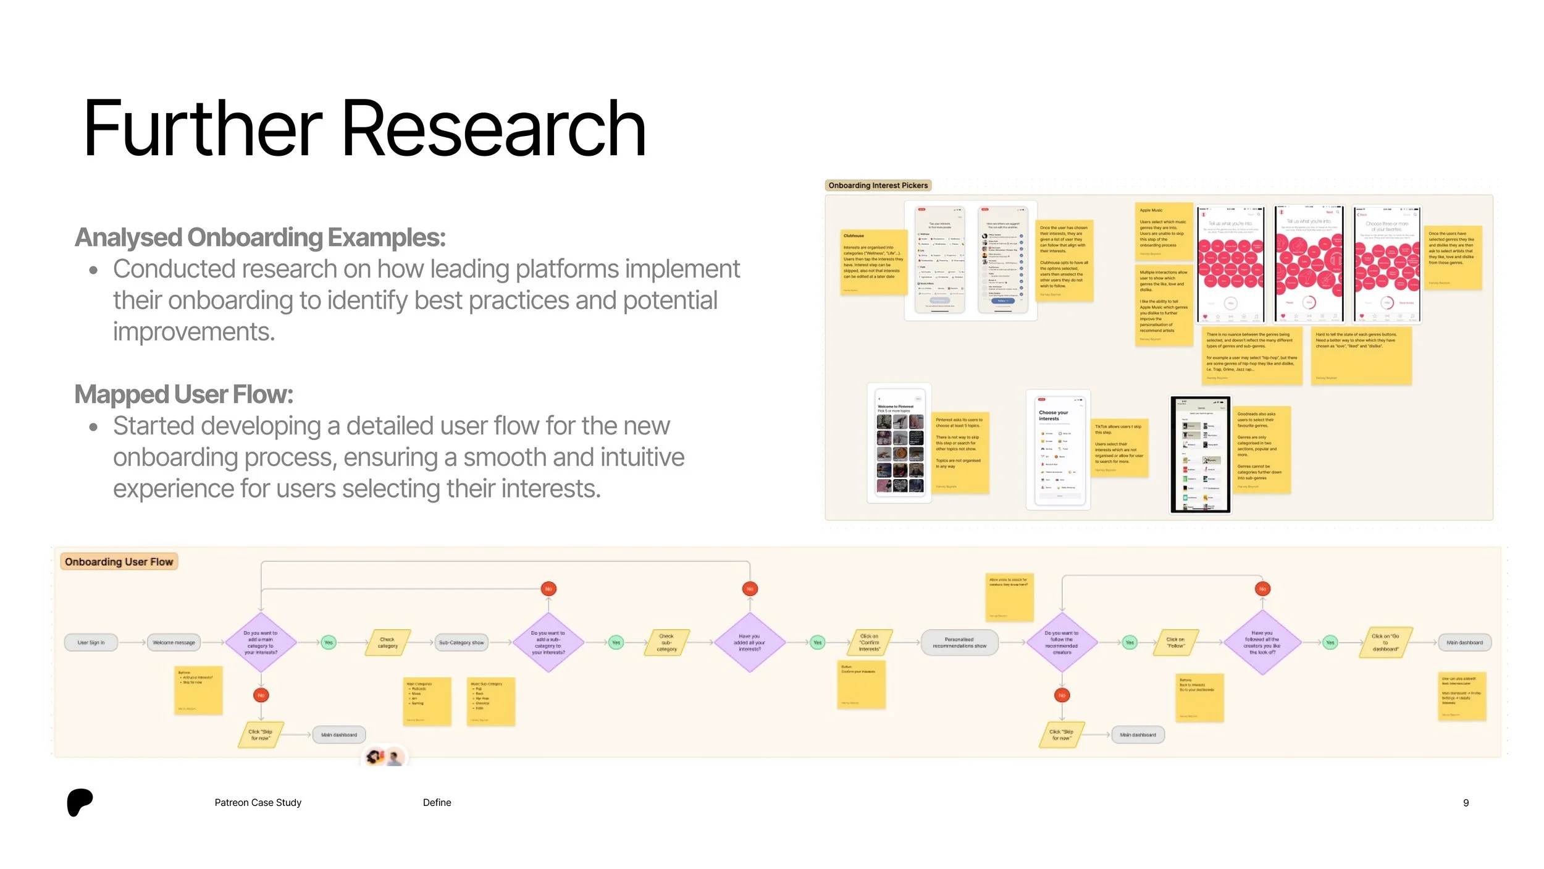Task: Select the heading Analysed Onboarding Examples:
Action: pyautogui.click(x=260, y=237)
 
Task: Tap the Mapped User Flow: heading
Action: pyautogui.click(x=183, y=394)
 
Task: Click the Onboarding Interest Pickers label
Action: pyautogui.click(x=878, y=185)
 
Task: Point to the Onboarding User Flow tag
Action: pyautogui.click(x=119, y=562)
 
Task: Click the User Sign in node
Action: pyautogui.click(x=91, y=643)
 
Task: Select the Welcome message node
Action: pyautogui.click(x=174, y=643)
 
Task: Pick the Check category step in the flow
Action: pyautogui.click(x=388, y=643)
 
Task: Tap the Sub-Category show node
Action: pyautogui.click(x=461, y=643)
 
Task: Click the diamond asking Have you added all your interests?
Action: pyautogui.click(x=749, y=643)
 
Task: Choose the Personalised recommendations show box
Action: pyautogui.click(x=959, y=643)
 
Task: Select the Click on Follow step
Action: pyautogui.click(x=1175, y=643)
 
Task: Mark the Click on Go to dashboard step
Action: pyautogui.click(x=1385, y=643)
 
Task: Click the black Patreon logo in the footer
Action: pyautogui.click(x=80, y=802)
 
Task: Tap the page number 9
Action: pyautogui.click(x=1466, y=803)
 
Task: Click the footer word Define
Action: pyautogui.click(x=437, y=803)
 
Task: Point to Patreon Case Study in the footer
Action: pyautogui.click(x=258, y=803)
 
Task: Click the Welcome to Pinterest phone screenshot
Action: pyautogui.click(x=899, y=443)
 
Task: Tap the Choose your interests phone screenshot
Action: pyautogui.click(x=1058, y=449)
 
